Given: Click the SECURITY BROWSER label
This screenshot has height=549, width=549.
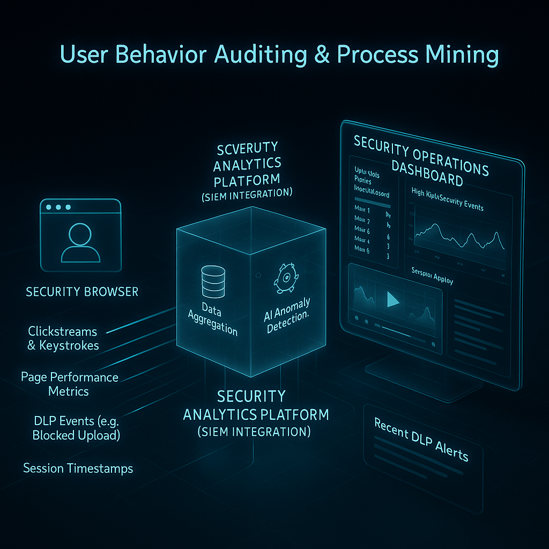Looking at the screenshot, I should (x=82, y=292).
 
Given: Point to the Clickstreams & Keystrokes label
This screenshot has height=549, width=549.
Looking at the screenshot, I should (x=63, y=338).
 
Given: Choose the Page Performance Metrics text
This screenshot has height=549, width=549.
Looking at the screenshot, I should (x=69, y=384).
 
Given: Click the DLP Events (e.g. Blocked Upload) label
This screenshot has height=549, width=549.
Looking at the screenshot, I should (x=76, y=428).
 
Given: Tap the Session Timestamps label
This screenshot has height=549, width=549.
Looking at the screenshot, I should (x=78, y=468).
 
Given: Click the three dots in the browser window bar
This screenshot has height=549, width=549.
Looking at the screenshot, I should (x=58, y=207).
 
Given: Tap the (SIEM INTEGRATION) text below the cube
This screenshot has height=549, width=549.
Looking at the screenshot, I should (x=254, y=431).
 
